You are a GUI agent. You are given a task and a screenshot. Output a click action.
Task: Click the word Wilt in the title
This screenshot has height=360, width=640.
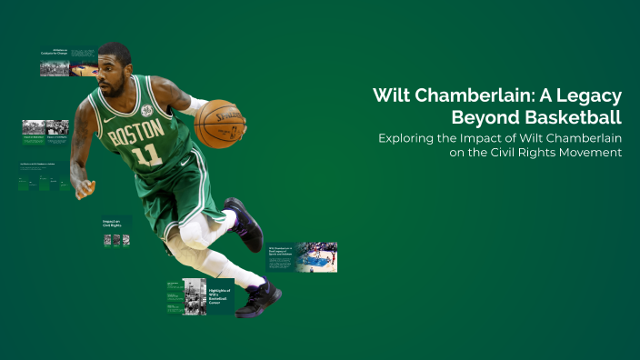[x=394, y=96]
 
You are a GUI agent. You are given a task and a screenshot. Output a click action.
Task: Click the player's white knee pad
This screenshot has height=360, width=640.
[x=195, y=233]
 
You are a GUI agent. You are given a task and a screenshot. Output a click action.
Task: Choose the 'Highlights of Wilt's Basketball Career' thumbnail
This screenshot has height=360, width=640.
[x=200, y=296]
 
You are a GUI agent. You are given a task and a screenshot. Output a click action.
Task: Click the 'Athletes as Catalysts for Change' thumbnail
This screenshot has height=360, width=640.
[x=67, y=62]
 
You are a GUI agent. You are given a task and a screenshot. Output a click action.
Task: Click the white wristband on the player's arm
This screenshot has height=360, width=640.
[x=194, y=105]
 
